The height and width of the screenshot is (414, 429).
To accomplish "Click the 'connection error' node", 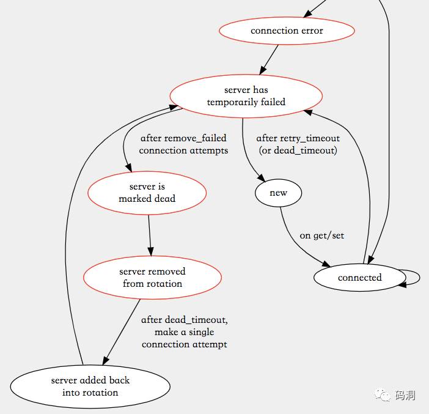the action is pos(287,31).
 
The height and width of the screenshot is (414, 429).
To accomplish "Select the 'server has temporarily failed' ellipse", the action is pos(246,96).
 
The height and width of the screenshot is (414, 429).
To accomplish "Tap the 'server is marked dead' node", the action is pos(147,193).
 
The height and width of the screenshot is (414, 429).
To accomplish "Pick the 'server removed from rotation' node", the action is pos(152,277).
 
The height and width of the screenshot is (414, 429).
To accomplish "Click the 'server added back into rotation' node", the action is pos(90,386).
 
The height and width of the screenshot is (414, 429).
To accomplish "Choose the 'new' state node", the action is pos(278,193).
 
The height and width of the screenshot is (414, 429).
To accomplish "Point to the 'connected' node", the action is pos(359,278).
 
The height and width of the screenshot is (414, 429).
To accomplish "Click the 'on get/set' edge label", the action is pos(321,235).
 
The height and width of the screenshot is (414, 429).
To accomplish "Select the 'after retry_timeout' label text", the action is pos(298,138).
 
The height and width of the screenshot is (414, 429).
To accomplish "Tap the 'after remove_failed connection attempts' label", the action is pos(183,144).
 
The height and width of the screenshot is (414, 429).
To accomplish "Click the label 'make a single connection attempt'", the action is pos(185,338).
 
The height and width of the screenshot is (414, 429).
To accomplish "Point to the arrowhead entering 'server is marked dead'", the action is pos(130,171).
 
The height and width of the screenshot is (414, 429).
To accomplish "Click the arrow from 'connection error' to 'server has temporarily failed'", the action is pos(269,60).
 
